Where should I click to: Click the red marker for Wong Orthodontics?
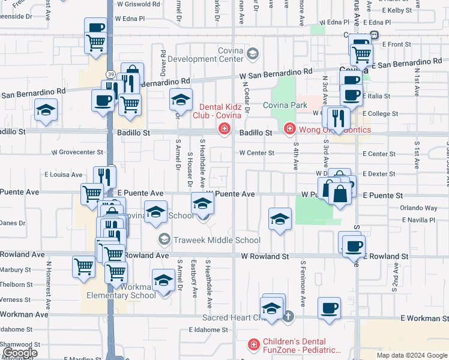289,129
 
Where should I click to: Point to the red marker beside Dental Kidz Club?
224,128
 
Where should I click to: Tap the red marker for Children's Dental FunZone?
254,345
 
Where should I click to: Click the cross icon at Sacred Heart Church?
288,316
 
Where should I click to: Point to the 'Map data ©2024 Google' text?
412,355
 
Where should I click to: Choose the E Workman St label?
424,318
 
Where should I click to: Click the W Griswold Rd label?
139,4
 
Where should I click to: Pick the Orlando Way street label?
418,208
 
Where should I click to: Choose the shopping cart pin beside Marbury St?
83,267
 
